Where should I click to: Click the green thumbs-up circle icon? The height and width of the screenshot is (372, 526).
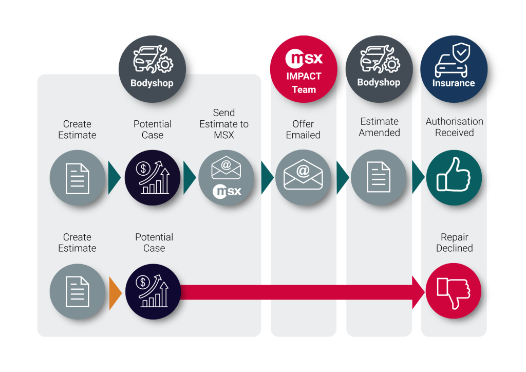click(x=454, y=178)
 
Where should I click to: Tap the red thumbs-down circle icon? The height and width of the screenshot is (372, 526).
click(x=454, y=291)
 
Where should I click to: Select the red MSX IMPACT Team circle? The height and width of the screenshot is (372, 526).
click(x=303, y=69)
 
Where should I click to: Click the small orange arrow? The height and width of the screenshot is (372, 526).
click(x=115, y=293)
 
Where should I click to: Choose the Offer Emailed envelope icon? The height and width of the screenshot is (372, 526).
click(x=303, y=178)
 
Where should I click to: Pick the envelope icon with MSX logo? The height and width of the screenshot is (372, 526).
click(x=227, y=178)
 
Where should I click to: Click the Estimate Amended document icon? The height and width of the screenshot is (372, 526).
click(x=379, y=178)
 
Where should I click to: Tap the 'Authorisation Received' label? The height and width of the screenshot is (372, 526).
click(x=454, y=127)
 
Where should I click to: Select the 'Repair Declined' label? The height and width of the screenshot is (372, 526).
click(x=454, y=243)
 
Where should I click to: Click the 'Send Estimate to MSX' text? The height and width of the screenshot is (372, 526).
click(x=224, y=124)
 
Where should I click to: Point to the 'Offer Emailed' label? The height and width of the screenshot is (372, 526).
click(x=303, y=129)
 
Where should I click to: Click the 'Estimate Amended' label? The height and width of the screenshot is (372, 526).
click(x=379, y=127)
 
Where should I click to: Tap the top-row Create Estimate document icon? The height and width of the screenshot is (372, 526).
click(x=77, y=178)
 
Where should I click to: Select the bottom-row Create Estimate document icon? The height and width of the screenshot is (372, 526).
click(x=77, y=291)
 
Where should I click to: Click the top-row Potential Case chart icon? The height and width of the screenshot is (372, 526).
click(x=153, y=178)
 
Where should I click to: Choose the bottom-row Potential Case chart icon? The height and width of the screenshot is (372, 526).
click(x=153, y=291)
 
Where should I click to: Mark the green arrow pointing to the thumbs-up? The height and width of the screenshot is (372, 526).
click(x=417, y=178)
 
